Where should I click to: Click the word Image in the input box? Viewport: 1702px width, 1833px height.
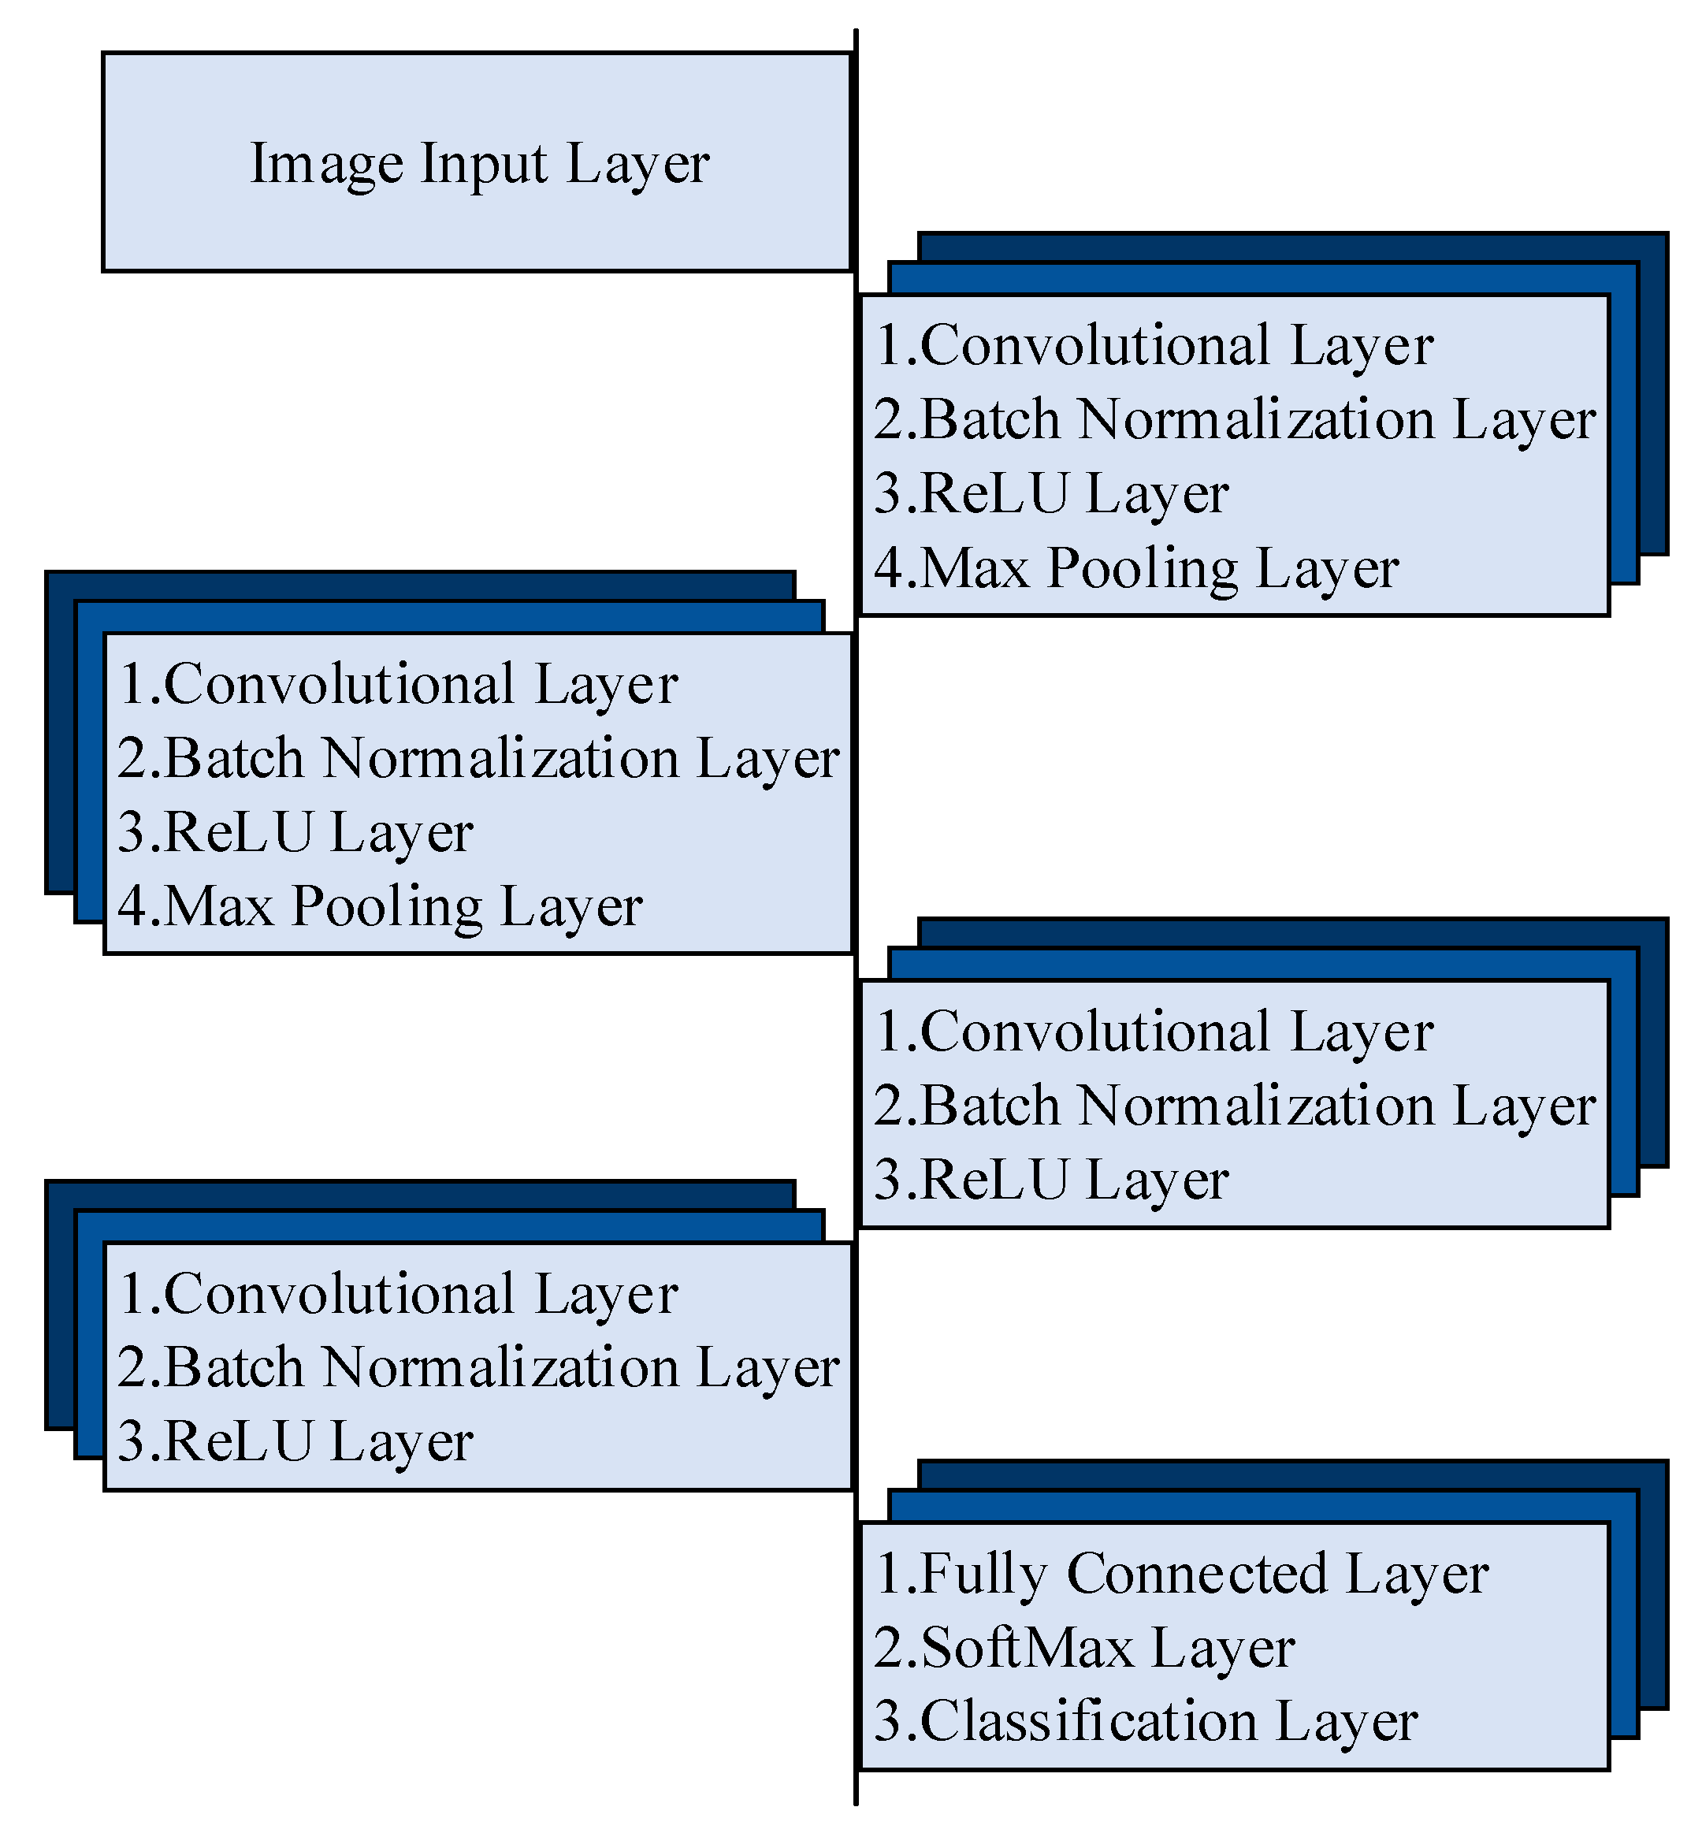(326, 164)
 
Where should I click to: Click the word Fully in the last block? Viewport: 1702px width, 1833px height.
(983, 1575)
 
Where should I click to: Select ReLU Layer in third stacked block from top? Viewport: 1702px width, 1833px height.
(1074, 1180)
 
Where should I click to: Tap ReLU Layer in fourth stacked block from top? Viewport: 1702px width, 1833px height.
(318, 1442)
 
